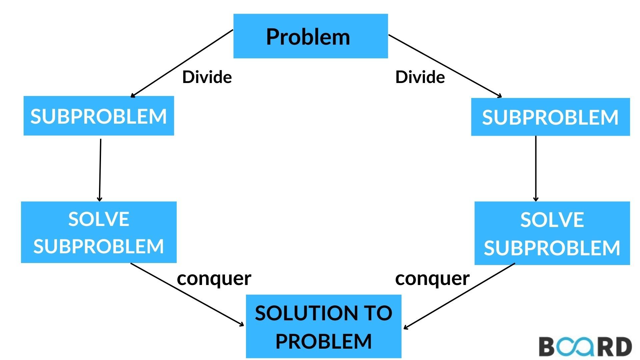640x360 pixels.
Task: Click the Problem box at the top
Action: tap(310, 36)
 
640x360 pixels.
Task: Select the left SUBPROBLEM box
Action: tap(99, 116)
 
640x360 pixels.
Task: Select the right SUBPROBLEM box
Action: tap(550, 117)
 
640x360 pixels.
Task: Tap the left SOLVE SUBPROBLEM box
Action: tap(99, 232)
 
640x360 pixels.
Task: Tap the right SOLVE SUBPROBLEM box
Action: tap(552, 233)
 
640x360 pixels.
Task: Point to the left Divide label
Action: tap(207, 77)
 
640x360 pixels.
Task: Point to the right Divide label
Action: tap(420, 77)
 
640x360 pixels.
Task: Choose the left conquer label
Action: tap(214, 278)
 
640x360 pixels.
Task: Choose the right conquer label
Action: tap(432, 278)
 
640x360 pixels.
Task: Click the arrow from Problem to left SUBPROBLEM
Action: tap(182, 63)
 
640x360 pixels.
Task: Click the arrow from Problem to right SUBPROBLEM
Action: tap(445, 66)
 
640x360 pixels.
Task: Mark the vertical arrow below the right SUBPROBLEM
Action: tap(536, 168)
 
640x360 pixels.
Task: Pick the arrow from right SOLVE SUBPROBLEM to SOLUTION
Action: tap(459, 296)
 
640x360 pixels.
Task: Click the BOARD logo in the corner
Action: tap(585, 347)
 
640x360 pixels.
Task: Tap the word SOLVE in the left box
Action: tap(99, 219)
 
